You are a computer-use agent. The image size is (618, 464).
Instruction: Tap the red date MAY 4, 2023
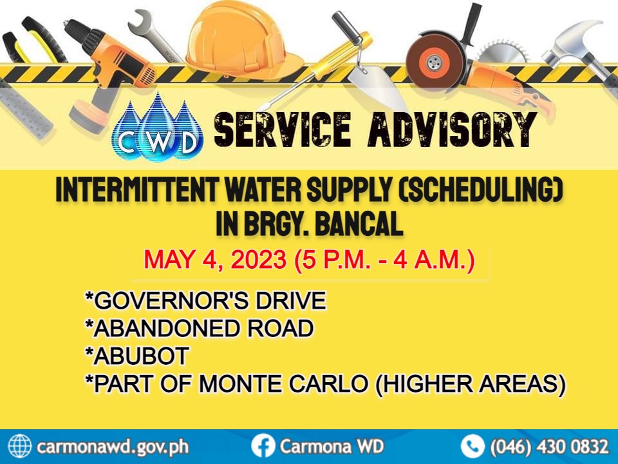(x=215, y=260)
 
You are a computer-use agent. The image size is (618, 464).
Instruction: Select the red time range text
(x=385, y=260)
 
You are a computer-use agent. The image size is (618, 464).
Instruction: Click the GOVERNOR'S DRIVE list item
(x=206, y=301)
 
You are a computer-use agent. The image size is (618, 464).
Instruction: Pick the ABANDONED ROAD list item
(x=200, y=328)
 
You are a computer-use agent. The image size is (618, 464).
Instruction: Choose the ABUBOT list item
(x=137, y=356)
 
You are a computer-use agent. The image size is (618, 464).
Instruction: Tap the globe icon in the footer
(x=20, y=446)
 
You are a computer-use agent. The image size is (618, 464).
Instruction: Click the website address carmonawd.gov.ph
(x=113, y=447)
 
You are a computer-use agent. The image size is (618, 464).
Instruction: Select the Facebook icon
(x=263, y=446)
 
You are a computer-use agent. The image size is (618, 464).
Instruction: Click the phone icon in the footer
(x=473, y=446)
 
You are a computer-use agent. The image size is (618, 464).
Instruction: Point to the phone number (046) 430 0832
(x=549, y=447)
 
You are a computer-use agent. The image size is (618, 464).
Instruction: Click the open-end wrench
(x=152, y=34)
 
